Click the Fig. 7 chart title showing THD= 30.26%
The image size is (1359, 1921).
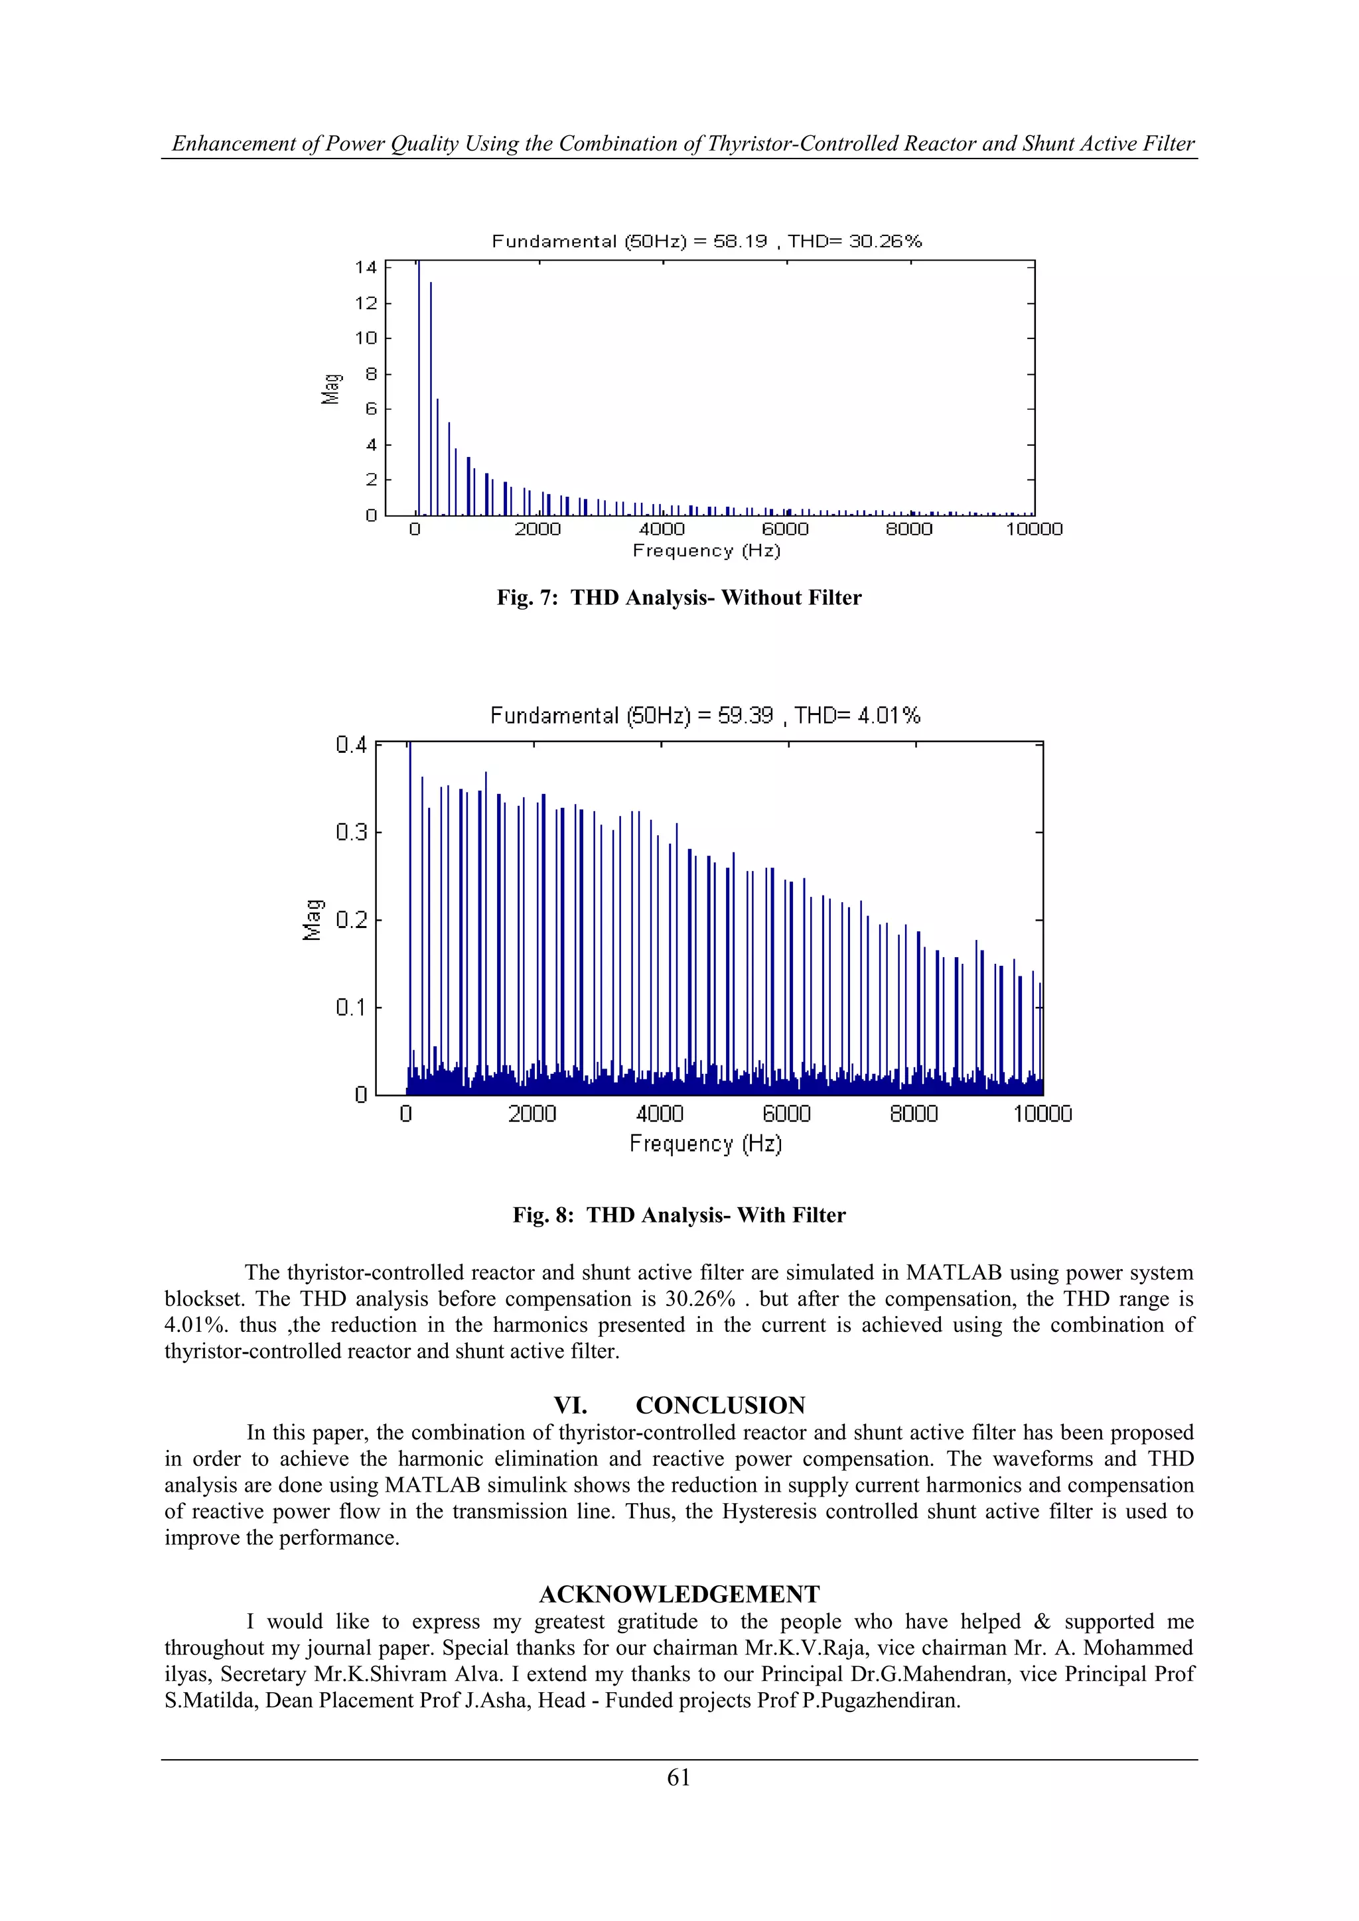[x=706, y=242]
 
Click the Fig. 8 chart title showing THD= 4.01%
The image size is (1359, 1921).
[x=705, y=716]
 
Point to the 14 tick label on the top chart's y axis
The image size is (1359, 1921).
[x=366, y=268]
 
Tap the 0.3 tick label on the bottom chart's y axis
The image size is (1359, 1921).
[x=352, y=832]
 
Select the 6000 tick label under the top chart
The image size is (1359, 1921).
[x=785, y=529]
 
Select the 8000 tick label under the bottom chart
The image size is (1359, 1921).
[x=913, y=1114]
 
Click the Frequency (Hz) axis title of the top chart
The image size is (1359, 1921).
[x=706, y=551]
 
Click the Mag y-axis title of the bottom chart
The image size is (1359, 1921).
[x=312, y=919]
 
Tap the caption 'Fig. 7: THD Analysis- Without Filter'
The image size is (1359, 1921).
[x=679, y=598]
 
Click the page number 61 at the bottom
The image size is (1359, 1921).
[x=679, y=1778]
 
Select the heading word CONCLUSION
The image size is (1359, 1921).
[x=720, y=1406]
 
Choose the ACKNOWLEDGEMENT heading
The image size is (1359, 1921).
[x=679, y=1595]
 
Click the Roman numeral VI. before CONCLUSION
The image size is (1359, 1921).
[x=570, y=1406]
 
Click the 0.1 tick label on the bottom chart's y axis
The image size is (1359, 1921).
[x=352, y=1008]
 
